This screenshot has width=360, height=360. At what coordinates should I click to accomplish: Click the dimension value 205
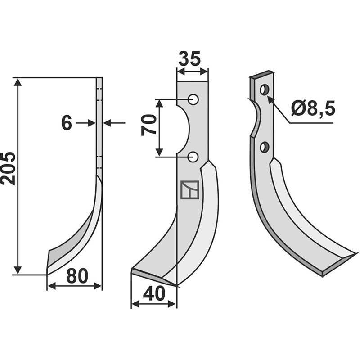point(8,168)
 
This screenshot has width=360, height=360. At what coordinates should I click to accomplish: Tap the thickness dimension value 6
point(67,123)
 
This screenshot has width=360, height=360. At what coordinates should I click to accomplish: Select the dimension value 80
point(77,276)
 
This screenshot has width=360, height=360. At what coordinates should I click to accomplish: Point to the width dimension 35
point(189,58)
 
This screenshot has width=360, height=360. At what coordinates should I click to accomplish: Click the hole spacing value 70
point(149,125)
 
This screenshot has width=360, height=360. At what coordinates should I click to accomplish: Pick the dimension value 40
point(154,294)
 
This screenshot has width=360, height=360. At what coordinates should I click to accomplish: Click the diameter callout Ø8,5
point(313,108)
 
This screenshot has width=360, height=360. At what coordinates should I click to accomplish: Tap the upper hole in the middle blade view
point(193,99)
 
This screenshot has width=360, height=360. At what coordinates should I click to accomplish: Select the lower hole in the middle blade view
point(193,157)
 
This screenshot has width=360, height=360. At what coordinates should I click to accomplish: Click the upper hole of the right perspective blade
point(265,90)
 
